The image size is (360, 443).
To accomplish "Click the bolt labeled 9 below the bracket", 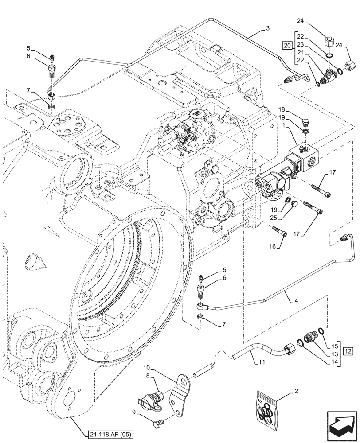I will coord(157,425).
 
